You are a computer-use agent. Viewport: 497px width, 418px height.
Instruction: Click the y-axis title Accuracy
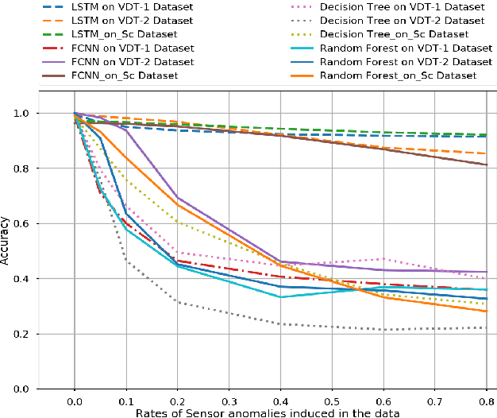[x=6, y=242]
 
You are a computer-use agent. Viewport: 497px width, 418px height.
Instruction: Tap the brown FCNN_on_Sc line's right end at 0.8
[x=486, y=164]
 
